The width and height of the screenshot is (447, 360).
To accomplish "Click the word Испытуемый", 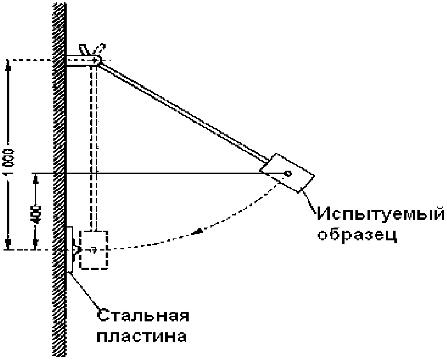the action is click(x=382, y=215).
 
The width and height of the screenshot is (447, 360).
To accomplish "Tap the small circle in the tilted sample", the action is click(x=288, y=173).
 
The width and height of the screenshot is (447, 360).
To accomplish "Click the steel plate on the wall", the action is click(x=69, y=249).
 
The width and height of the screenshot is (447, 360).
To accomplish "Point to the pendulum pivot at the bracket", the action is click(x=98, y=60).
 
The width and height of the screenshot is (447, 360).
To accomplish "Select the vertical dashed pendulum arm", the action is click(x=94, y=148).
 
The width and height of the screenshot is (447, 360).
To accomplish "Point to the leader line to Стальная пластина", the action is click(x=84, y=291).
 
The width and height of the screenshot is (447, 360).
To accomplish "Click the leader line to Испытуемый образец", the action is click(x=311, y=201).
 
